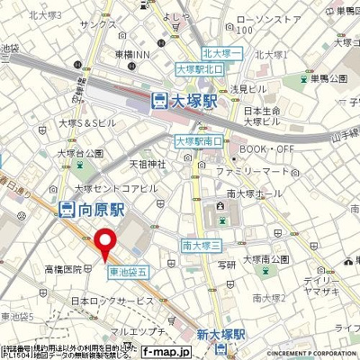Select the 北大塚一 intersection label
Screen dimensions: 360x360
pos(222,52)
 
